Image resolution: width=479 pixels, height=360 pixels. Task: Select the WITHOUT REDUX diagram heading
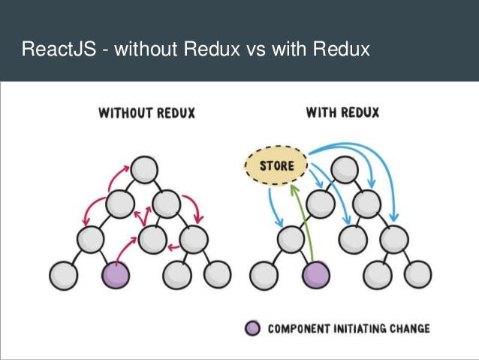pyautogui.click(x=147, y=113)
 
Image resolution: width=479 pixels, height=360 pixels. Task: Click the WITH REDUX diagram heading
pyautogui.click(x=342, y=113)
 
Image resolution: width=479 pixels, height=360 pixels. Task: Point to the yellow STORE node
pyautogui.click(x=276, y=164)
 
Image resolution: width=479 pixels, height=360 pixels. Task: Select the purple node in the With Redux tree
pyautogui.click(x=315, y=274)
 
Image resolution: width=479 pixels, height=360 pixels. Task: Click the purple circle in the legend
pyautogui.click(x=253, y=328)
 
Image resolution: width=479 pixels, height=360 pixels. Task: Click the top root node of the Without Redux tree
pyautogui.click(x=143, y=168)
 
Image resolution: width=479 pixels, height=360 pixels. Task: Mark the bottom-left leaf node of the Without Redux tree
pyautogui.click(x=62, y=274)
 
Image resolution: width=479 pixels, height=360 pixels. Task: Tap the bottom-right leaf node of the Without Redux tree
pyautogui.click(x=218, y=274)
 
